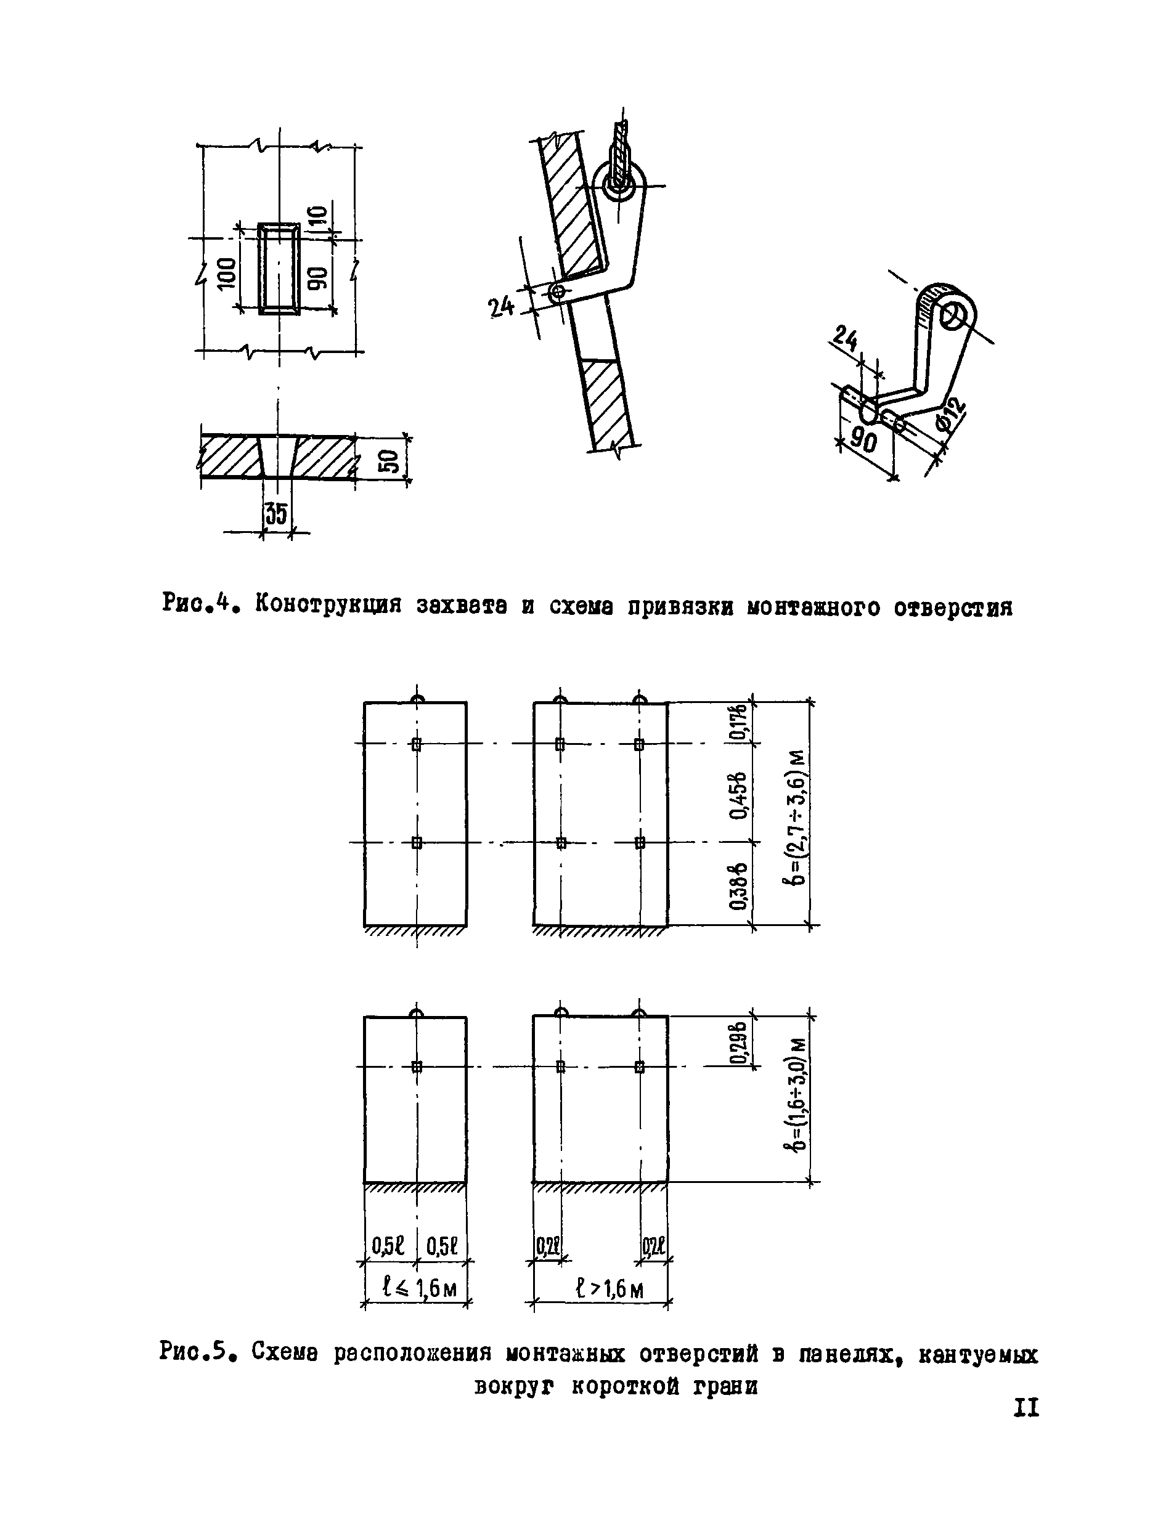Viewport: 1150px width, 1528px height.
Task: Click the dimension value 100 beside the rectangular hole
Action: click(226, 273)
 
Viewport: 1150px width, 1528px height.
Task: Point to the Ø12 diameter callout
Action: click(951, 417)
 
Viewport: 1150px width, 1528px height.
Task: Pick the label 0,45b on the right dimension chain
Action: click(740, 794)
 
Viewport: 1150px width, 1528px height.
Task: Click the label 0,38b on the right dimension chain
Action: click(740, 885)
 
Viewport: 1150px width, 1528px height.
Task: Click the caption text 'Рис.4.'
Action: click(201, 604)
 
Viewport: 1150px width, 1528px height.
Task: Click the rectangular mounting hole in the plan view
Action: click(279, 269)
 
